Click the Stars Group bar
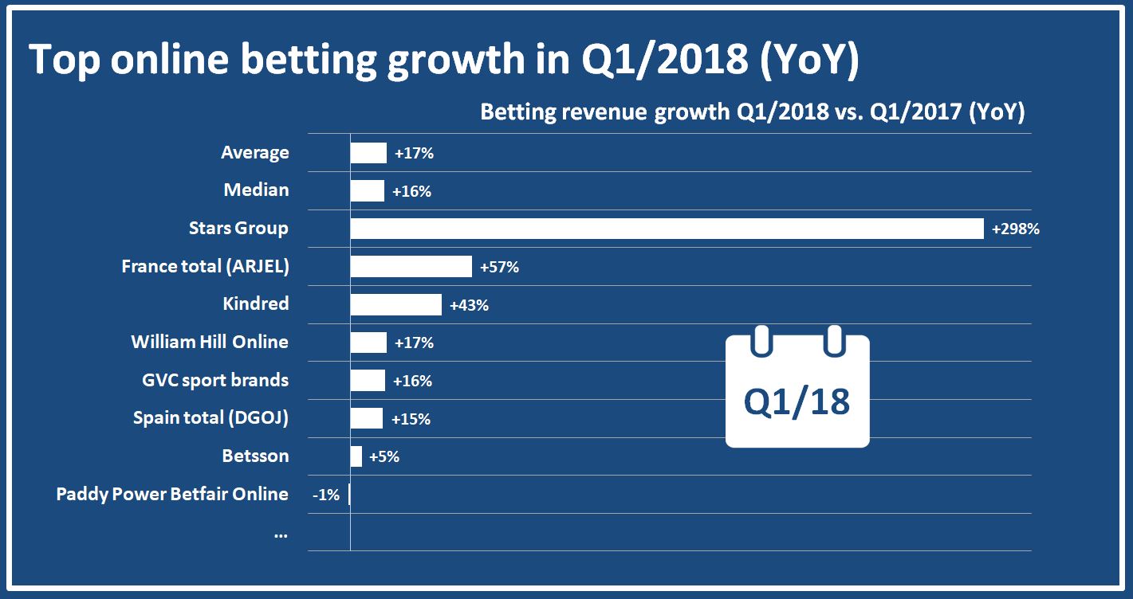pyautogui.click(x=667, y=229)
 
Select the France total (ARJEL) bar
pyautogui.click(x=411, y=267)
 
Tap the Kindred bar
pyautogui.click(x=395, y=304)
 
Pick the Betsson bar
pyautogui.click(x=356, y=456)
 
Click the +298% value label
pyautogui.click(x=1015, y=229)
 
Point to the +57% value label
pyautogui.click(x=500, y=268)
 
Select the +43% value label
pyautogui.click(x=469, y=305)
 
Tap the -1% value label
pyautogui.click(x=326, y=495)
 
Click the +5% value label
pyautogui.click(x=384, y=457)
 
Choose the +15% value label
pyautogui.click(x=411, y=419)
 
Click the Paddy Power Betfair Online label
pyautogui.click(x=172, y=494)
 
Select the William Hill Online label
pyautogui.click(x=210, y=343)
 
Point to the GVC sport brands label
pyautogui.click(x=215, y=381)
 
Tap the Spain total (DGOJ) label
pyautogui.click(x=210, y=418)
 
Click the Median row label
pyautogui.click(x=257, y=190)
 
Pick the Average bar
pyautogui.click(x=368, y=153)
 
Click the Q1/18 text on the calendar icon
pyautogui.click(x=797, y=402)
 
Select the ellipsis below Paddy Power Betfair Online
pyautogui.click(x=281, y=533)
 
